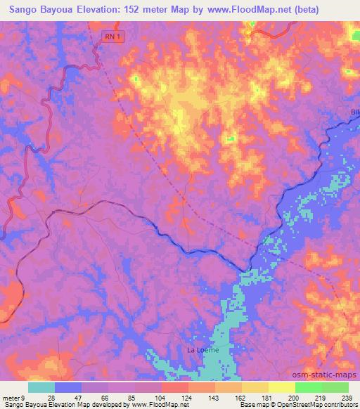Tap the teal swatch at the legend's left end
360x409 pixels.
coord(41,387)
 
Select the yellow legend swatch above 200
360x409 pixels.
coord(282,387)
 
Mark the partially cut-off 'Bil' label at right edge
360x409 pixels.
coord(354,112)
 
